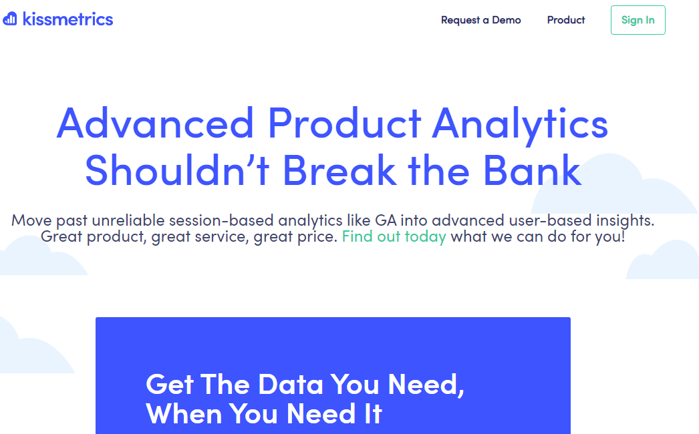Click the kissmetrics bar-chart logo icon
(10, 19)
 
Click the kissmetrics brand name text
(67, 19)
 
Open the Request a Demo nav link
(481, 20)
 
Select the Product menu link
(566, 20)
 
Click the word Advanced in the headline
(155, 123)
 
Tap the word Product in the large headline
(344, 123)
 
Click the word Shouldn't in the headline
(177, 170)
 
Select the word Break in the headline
(339, 170)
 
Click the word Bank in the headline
(533, 170)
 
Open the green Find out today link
(394, 236)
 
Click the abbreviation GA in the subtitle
(386, 220)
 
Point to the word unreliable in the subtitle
(128, 220)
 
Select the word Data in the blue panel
(291, 385)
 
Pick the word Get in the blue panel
(169, 385)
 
